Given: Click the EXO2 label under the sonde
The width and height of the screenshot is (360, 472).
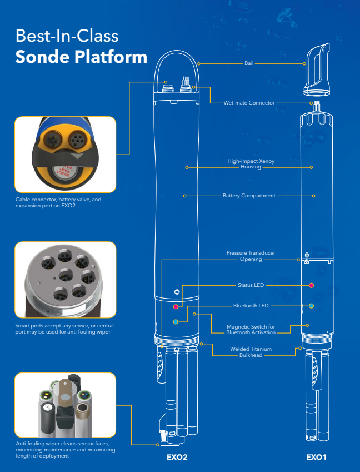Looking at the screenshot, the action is tap(177, 457).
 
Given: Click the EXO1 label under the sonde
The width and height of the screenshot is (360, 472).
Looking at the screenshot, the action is tap(316, 457).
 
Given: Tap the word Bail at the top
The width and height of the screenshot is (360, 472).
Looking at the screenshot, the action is tap(249, 63).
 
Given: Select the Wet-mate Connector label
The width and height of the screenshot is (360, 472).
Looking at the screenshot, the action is tap(249, 103).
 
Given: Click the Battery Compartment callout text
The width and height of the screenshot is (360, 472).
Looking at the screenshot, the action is tap(249, 196).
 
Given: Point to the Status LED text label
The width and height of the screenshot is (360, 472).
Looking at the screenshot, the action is tap(251, 285).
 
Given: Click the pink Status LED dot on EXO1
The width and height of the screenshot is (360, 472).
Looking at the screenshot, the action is tap(311, 285).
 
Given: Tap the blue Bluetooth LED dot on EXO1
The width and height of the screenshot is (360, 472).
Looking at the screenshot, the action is tap(311, 306).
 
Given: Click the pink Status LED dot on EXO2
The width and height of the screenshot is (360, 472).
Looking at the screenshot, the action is tap(176, 307).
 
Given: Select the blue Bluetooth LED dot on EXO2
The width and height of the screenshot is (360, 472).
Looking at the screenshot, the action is tap(176, 322).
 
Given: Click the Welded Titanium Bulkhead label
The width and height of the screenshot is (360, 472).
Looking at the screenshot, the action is tap(251, 352).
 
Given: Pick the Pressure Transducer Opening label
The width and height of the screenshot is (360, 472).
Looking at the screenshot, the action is tap(251, 256).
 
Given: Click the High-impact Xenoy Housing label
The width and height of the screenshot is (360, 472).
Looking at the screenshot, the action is tap(251, 164).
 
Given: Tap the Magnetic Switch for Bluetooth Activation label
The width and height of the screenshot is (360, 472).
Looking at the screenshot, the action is tap(251, 329).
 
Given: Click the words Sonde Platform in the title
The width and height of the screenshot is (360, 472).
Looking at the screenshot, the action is tap(81, 57).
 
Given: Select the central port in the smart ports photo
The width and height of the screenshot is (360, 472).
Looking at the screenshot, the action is tap(66, 275).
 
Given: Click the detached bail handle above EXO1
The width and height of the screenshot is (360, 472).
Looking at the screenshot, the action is tap(317, 70).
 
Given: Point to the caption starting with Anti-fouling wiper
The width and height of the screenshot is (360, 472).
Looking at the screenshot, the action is tap(65, 449).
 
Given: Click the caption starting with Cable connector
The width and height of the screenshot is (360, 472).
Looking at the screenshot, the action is tap(58, 202).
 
